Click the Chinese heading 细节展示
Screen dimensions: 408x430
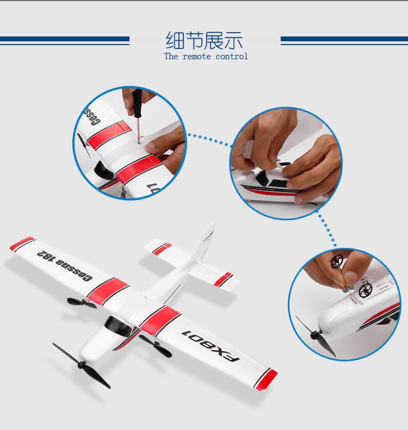pos(204,41)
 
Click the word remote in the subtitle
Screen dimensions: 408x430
pos(197,57)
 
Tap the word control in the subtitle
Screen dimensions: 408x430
pos(231,57)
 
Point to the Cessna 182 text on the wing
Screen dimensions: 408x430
pos(64,266)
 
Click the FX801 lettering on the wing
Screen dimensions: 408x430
pos(211,346)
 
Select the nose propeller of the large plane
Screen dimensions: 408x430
pos(82,365)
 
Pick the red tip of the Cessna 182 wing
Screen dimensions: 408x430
pos(22,243)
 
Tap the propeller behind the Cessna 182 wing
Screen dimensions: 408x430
pos(82,303)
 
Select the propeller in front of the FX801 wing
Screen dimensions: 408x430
pos(156,346)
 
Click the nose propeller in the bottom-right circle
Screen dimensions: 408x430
pos(316,335)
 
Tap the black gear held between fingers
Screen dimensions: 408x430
pos(337,261)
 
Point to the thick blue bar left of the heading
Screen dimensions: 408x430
pos(65,39)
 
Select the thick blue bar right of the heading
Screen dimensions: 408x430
pos(344,39)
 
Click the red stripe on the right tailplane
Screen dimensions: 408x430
pos(223,279)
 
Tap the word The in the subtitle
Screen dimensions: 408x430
pos(171,57)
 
